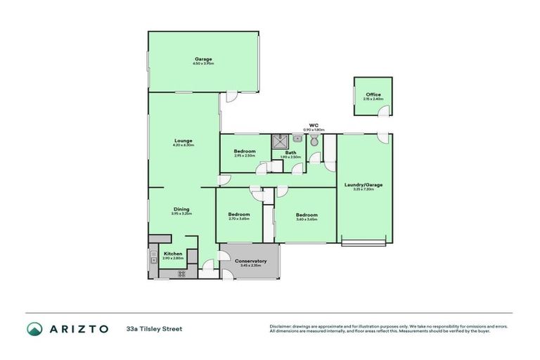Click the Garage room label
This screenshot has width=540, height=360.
203,58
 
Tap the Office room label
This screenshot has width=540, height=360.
373,94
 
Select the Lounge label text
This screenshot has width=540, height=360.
183,140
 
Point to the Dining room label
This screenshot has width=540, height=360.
181,208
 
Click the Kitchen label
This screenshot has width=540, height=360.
173,253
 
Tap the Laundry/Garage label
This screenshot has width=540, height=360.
364,184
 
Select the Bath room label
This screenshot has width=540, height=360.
290,152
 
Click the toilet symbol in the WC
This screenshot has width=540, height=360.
314,141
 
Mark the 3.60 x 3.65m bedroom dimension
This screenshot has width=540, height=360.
306,219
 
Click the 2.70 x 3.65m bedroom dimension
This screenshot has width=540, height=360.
239,219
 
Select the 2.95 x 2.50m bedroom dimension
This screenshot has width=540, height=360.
245,155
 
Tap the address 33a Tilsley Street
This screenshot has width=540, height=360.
154,328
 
